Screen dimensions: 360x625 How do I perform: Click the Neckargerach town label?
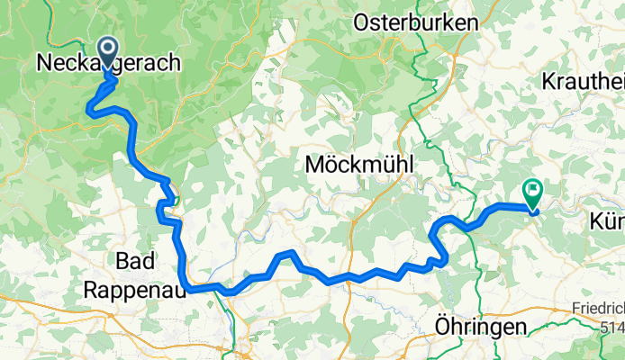(108, 63)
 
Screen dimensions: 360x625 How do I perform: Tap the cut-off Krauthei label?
(584, 81)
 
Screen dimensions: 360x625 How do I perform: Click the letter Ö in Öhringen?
(443, 327)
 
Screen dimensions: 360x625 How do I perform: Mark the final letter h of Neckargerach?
(174, 63)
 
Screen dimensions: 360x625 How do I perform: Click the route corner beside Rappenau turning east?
(186, 288)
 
